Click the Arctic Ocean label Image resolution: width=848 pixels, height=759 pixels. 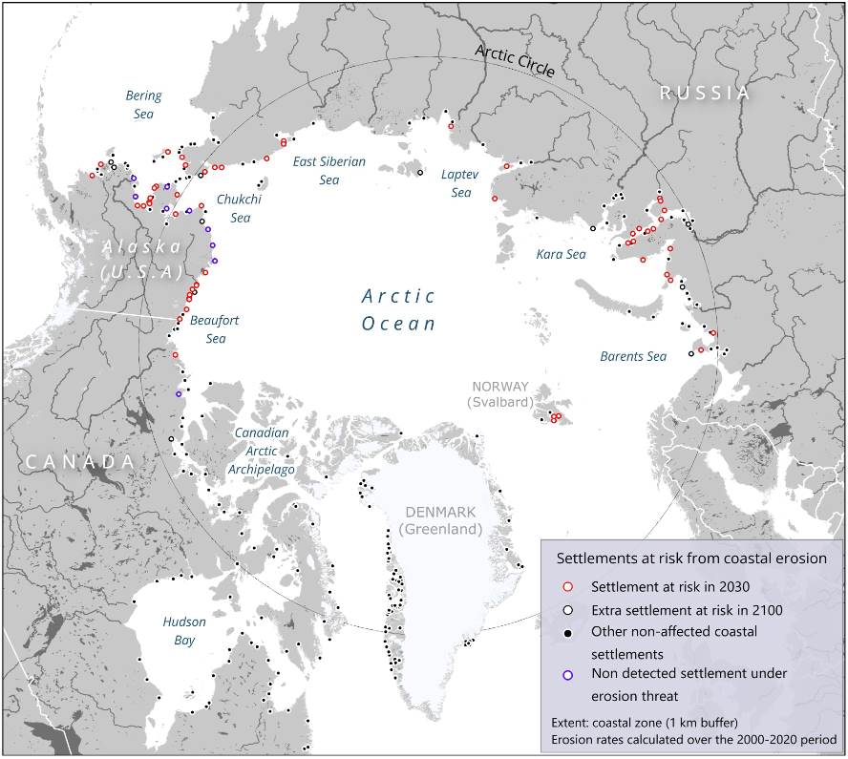click(x=398, y=309)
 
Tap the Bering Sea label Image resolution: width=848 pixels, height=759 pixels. click(x=143, y=104)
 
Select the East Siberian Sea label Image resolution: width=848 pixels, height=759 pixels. click(x=329, y=170)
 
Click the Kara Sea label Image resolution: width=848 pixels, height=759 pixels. click(x=562, y=254)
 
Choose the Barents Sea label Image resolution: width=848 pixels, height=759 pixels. click(x=632, y=356)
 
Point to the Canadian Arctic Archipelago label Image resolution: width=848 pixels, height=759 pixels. click(x=262, y=451)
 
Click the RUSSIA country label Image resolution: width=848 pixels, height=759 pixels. click(x=706, y=93)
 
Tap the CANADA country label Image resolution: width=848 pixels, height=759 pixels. click(x=79, y=462)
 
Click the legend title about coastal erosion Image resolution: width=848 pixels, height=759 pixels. click(x=691, y=558)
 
